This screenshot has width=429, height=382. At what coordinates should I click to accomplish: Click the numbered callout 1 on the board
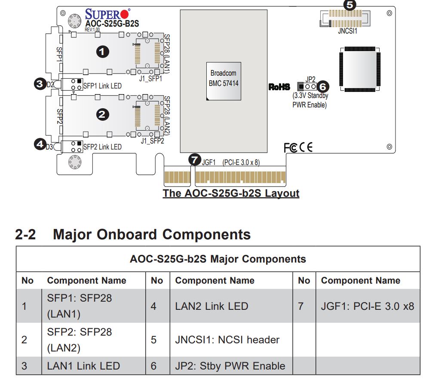click(102, 52)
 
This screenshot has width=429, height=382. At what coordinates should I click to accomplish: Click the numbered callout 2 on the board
click(102, 114)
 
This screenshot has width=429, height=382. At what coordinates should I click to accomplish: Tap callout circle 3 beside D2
click(40, 84)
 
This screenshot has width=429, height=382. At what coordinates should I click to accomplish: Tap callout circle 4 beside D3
click(40, 145)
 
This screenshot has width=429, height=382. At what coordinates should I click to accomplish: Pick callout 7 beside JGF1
click(195, 160)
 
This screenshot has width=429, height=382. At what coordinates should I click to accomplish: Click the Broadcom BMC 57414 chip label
click(223, 78)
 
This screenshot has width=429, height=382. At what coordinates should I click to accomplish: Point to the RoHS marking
click(279, 87)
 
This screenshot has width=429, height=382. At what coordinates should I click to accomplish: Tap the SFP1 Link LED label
click(102, 86)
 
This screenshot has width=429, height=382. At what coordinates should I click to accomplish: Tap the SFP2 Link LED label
click(102, 147)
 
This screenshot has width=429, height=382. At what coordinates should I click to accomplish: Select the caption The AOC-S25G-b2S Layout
click(231, 193)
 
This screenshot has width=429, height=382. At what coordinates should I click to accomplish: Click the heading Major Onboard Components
click(151, 235)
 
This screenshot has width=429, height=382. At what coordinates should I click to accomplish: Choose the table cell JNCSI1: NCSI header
click(227, 340)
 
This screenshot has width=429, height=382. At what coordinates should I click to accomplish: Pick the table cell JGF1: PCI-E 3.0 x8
click(368, 306)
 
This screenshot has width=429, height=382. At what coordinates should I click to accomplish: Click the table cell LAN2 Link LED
click(211, 306)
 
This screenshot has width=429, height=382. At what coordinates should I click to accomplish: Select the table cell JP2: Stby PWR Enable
click(230, 366)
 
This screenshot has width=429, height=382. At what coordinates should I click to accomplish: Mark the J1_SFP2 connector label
click(152, 141)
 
